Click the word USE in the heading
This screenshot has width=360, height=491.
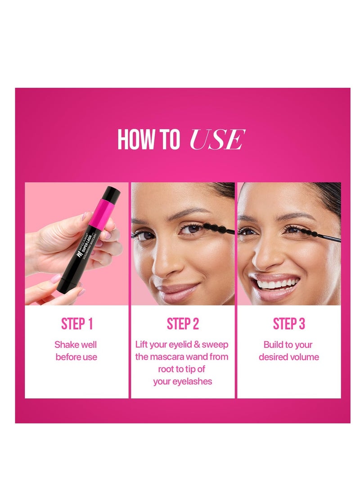coord(217,139)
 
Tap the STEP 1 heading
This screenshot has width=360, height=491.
coord(76,324)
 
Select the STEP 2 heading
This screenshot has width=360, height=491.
coord(183,324)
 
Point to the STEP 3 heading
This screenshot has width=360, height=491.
coord(288,324)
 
